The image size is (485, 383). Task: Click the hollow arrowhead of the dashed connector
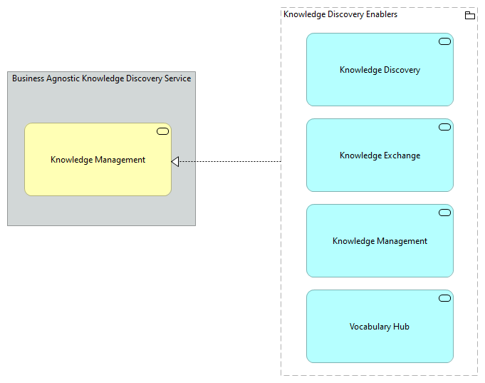[x=175, y=161]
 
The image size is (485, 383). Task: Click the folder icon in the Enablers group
[x=469, y=15]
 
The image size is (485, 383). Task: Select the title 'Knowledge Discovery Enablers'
[x=340, y=14]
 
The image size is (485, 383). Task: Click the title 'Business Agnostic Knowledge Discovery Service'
[x=101, y=78]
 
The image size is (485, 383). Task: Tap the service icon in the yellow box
[x=162, y=131]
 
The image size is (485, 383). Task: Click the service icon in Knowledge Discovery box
[x=444, y=41]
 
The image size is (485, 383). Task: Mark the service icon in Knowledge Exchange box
[x=444, y=127]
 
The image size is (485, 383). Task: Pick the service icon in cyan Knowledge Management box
[x=444, y=213]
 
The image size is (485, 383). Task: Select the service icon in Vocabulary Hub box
[x=444, y=298]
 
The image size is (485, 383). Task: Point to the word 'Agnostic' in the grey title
[x=63, y=78]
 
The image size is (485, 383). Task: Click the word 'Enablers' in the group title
[x=381, y=14]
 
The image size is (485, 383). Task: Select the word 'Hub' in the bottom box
[x=402, y=327]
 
